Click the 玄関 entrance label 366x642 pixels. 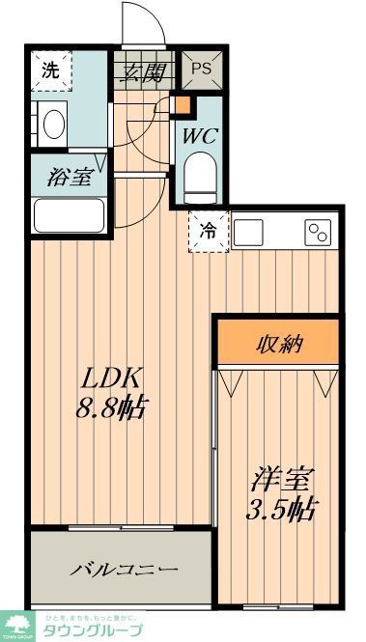141,70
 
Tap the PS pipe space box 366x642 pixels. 201,69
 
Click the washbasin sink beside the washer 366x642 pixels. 53,124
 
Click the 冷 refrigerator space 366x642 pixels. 208,231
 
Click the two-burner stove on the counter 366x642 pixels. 318,232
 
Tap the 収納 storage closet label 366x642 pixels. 278,343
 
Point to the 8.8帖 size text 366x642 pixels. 111,407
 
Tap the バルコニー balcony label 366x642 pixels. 123,570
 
